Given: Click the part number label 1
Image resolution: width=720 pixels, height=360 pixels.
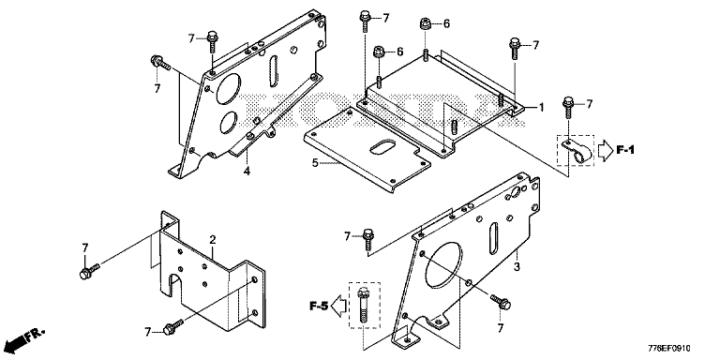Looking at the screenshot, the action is [541, 108].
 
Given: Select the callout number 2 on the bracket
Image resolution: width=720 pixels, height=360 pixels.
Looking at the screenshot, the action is [212, 240].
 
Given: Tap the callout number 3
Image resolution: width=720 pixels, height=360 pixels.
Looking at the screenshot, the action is [517, 267].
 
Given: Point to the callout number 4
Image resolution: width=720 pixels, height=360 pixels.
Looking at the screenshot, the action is [247, 172].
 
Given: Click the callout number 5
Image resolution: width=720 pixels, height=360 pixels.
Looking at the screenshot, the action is [315, 162].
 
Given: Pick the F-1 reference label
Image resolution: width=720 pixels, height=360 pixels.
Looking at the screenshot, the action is [625, 150].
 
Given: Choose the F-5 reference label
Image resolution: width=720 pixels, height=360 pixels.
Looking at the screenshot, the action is [319, 307].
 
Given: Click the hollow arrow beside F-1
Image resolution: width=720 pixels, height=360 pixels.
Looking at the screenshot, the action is [605, 150].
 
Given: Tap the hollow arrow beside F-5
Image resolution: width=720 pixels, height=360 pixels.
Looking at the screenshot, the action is [338, 307].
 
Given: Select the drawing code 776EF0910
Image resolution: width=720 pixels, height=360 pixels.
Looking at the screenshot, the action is [669, 349].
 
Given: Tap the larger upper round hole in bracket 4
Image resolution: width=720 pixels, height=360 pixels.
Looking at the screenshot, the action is [228, 87].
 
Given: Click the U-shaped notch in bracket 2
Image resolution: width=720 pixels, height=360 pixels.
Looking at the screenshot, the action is [175, 286].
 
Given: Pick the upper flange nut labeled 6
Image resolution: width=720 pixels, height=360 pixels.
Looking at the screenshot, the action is [426, 22].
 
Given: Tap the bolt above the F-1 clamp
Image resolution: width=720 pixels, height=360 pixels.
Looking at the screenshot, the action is [568, 108].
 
